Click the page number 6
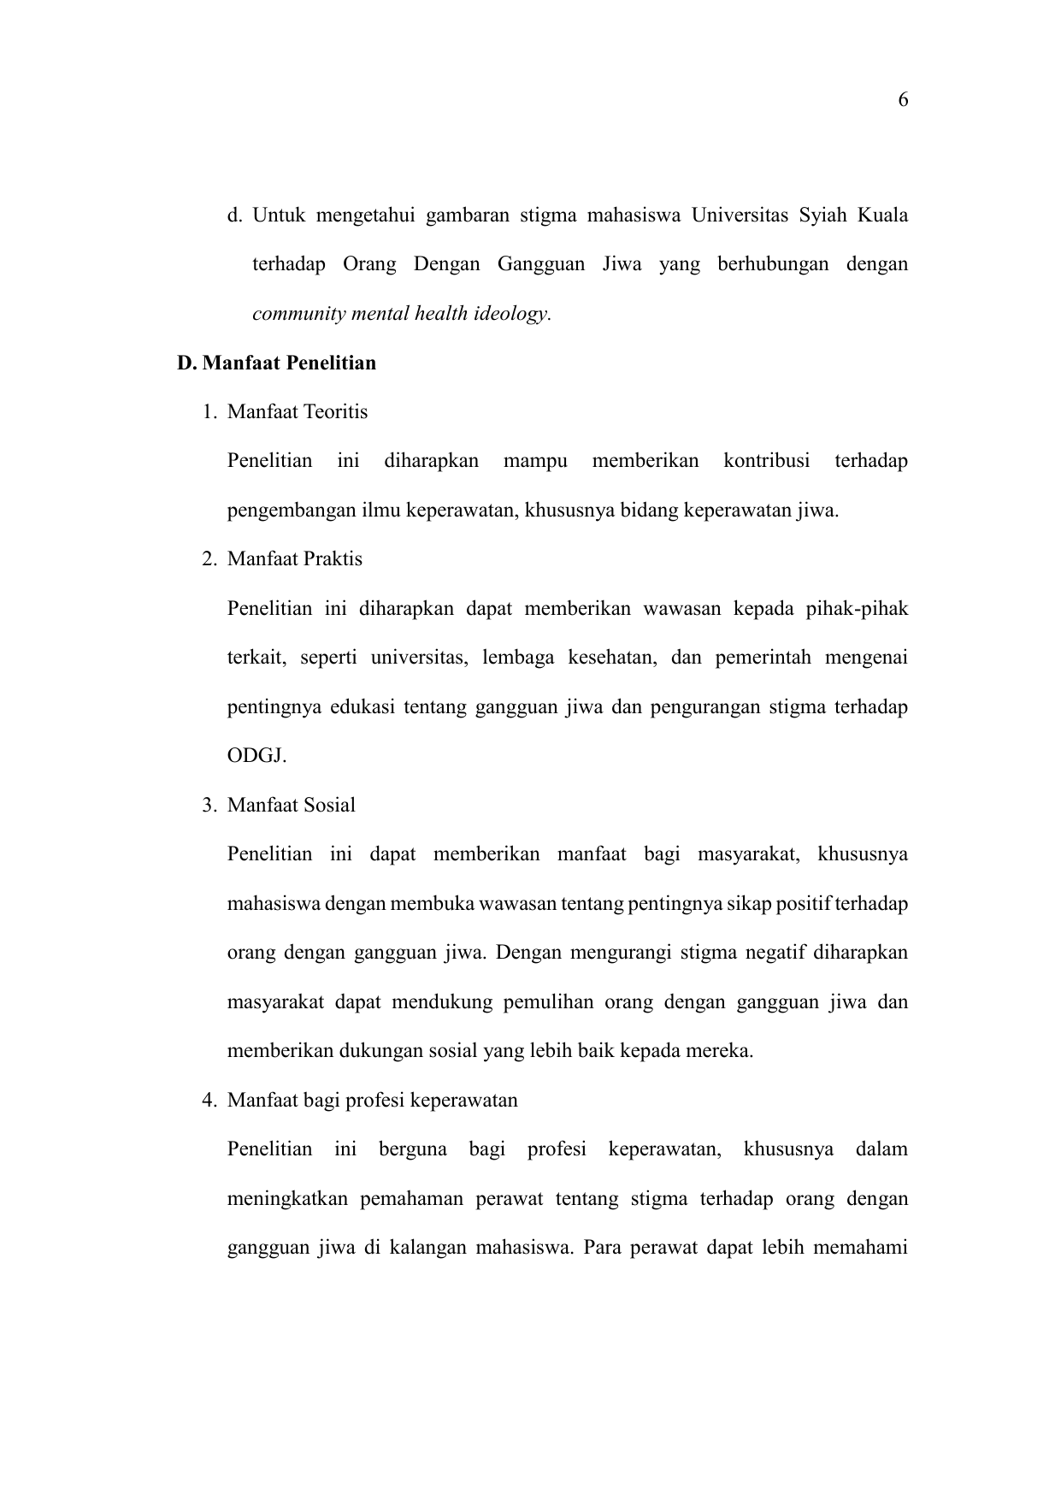pyautogui.click(x=903, y=101)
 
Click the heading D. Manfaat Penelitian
pyautogui.click(x=276, y=363)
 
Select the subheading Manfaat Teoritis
pyautogui.click(x=298, y=412)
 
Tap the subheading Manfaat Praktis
pyautogui.click(x=295, y=559)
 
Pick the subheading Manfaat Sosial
pyautogui.click(x=292, y=806)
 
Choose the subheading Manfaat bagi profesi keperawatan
pyautogui.click(x=373, y=1101)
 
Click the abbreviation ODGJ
pyautogui.click(x=256, y=757)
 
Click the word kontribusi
pyautogui.click(x=766, y=462)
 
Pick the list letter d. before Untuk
pyautogui.click(x=234, y=216)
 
